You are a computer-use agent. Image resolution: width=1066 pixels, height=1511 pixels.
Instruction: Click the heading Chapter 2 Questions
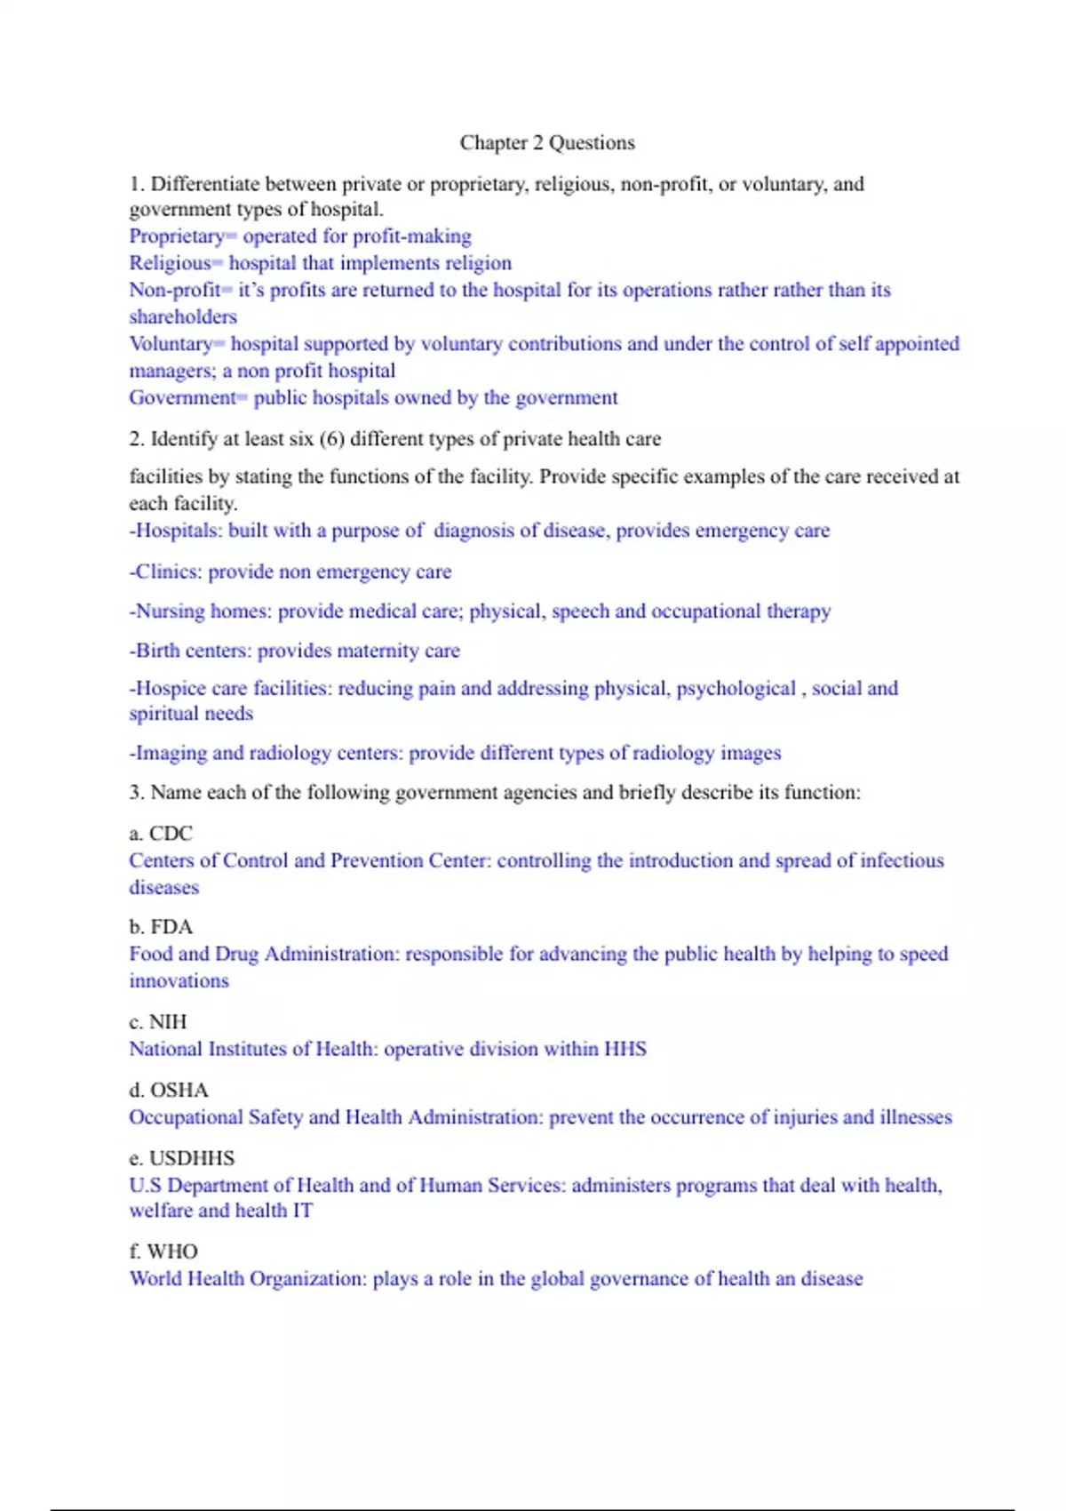click(x=547, y=142)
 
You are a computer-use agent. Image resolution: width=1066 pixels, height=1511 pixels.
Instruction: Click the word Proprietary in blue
click(x=176, y=236)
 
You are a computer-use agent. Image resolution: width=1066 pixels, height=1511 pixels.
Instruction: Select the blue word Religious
click(x=170, y=263)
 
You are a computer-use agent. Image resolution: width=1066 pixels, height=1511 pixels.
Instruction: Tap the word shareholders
click(x=183, y=316)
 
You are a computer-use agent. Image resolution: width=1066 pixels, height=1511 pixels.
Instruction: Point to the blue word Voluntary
click(x=171, y=344)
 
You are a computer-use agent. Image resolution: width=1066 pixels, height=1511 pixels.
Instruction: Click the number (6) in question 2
click(x=332, y=439)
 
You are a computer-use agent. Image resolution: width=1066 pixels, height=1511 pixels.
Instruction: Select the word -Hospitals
click(x=174, y=531)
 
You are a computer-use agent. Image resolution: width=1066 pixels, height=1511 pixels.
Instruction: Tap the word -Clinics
click(x=165, y=572)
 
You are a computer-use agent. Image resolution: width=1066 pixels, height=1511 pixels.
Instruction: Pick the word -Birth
click(x=155, y=651)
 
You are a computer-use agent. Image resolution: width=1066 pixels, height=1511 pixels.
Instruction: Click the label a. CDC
click(x=161, y=834)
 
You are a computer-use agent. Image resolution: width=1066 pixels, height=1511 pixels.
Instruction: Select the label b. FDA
click(x=161, y=927)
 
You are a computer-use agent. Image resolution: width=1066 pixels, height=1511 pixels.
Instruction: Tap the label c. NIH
click(x=158, y=1022)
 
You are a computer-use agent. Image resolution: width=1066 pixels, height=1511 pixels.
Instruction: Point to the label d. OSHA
click(x=169, y=1091)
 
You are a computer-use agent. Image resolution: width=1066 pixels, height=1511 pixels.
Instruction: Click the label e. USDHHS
click(x=182, y=1158)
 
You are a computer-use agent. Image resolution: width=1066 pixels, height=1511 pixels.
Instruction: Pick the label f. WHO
click(x=163, y=1251)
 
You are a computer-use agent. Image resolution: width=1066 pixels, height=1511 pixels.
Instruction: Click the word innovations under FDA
click(x=179, y=981)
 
